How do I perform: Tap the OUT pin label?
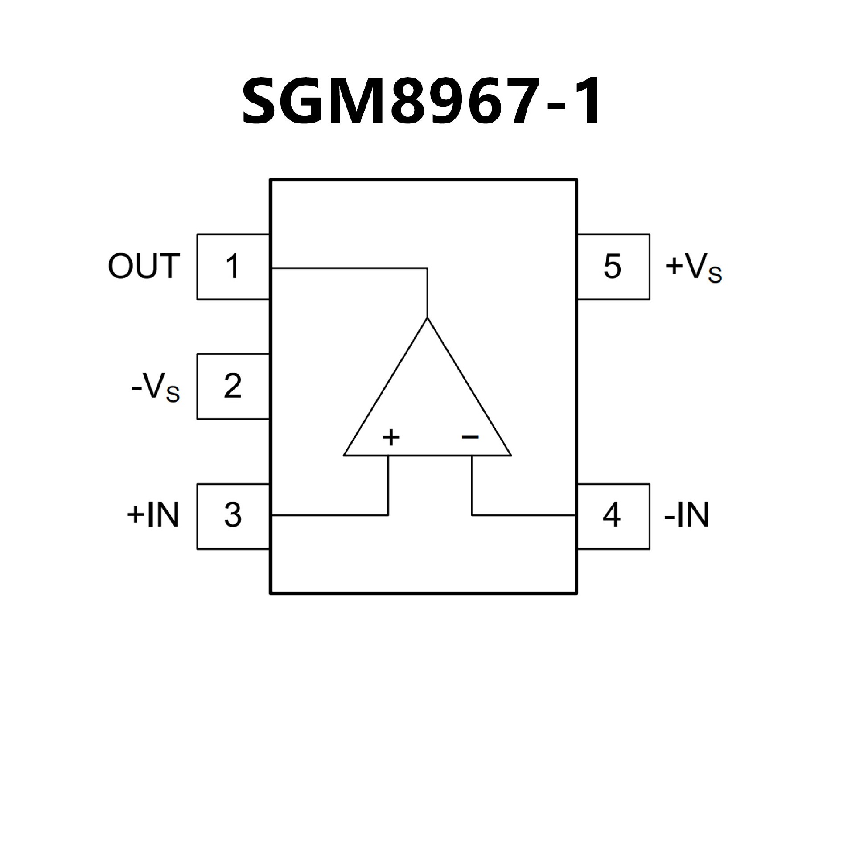point(144,267)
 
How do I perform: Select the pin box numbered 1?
point(233,267)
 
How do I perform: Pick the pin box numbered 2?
point(233,387)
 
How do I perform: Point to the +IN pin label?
point(153,515)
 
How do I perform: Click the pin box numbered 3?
point(233,516)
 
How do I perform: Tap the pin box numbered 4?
point(613,516)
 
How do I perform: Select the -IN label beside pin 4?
point(687,515)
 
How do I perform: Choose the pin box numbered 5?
point(613,267)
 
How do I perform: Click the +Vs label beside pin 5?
point(694,268)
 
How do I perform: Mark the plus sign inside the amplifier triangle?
point(391,437)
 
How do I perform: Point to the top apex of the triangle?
point(428,319)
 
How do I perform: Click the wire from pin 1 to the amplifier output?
point(348,268)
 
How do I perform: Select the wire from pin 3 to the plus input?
point(330,515)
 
